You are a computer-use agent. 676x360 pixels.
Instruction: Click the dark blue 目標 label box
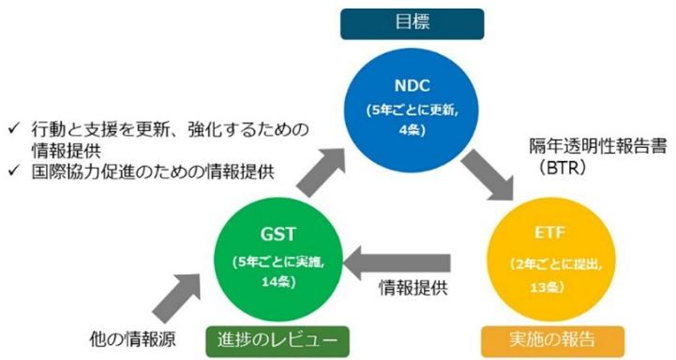[412, 23]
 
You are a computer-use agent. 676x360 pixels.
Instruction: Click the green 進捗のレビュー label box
[277, 339]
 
